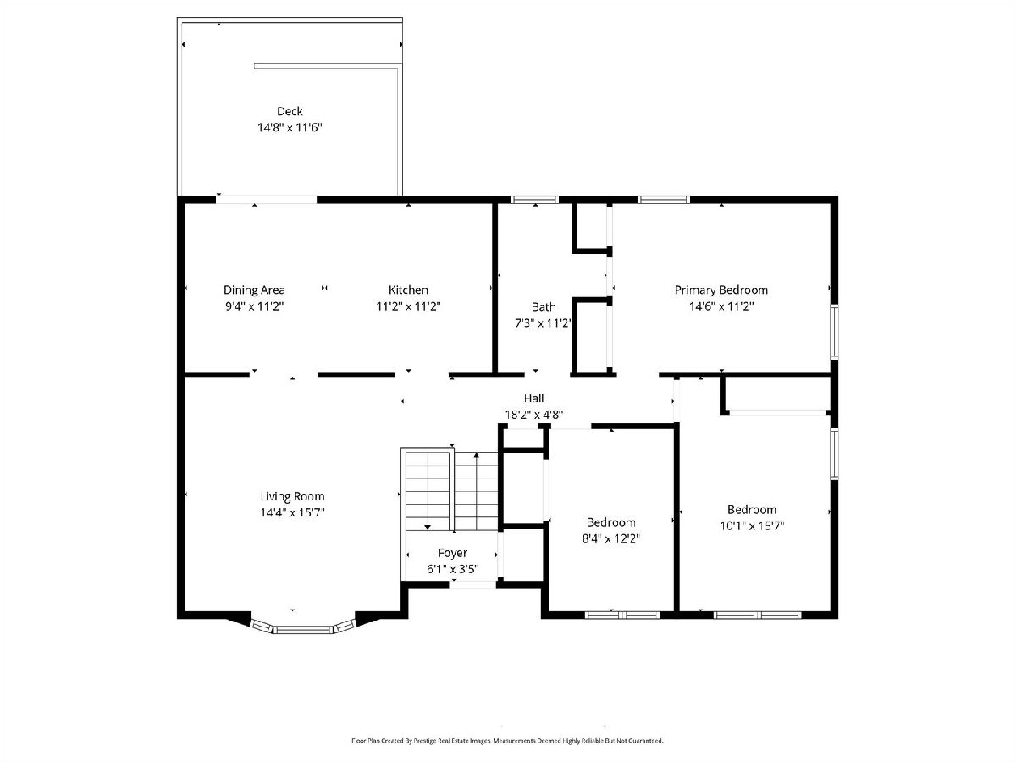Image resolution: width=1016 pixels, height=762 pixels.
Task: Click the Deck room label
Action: click(290, 111)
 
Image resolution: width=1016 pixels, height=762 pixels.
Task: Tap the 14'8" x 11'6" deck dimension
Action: click(290, 127)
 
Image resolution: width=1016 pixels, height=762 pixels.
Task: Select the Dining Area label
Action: click(254, 290)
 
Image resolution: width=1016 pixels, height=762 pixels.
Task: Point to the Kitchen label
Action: click(408, 290)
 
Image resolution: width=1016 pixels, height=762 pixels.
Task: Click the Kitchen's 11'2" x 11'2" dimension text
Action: click(408, 306)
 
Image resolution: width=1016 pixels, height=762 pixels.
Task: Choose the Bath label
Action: click(544, 306)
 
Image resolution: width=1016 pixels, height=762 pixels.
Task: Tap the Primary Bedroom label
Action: click(721, 290)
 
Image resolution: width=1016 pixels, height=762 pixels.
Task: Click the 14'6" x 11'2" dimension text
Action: click(721, 306)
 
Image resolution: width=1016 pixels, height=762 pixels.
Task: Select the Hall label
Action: click(533, 398)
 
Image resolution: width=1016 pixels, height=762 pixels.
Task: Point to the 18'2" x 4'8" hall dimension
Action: click(533, 415)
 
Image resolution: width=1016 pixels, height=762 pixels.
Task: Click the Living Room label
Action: click(292, 496)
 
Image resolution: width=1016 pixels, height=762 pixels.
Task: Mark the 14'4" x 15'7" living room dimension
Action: click(292, 512)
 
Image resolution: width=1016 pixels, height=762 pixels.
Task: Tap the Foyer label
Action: click(452, 553)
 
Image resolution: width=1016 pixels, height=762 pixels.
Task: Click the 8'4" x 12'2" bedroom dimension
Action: click(610, 538)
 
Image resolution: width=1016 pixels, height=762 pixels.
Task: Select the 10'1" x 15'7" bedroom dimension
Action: click(752, 526)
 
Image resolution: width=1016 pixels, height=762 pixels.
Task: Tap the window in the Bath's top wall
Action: click(534, 200)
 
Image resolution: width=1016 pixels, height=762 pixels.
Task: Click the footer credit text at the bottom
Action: click(507, 741)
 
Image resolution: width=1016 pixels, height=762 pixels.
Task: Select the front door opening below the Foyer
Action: click(472, 585)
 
